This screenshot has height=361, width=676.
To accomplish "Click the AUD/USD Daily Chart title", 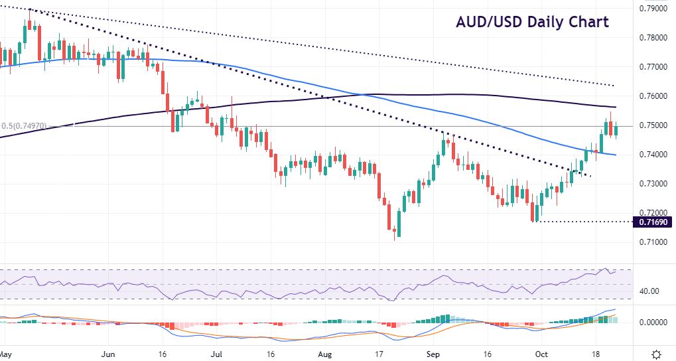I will click(532, 22).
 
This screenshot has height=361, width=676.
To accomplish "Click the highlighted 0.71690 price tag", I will click(653, 222).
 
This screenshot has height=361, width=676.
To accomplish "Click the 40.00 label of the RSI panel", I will click(650, 291).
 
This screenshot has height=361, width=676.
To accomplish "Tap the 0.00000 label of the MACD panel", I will click(652, 323).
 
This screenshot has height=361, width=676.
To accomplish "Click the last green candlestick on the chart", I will click(616, 130).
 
